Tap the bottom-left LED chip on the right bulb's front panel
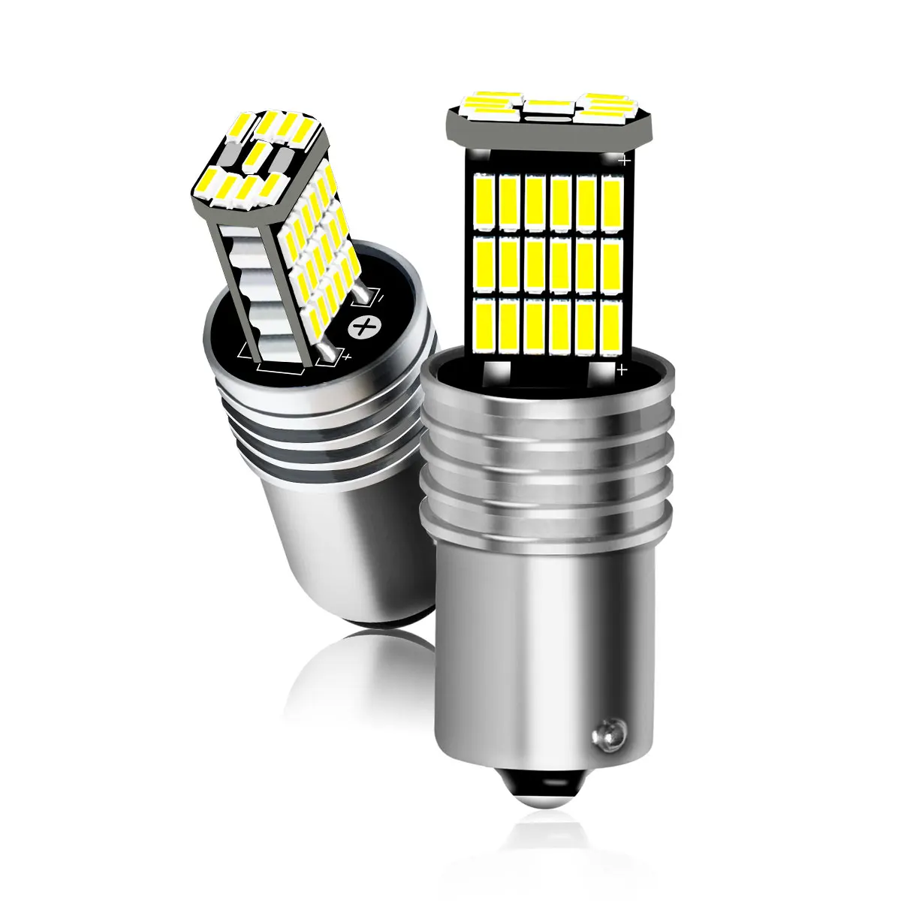click(x=484, y=327)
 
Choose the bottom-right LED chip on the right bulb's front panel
click(x=611, y=328)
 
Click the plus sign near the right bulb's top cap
click(x=622, y=159)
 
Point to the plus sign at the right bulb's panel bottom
click(x=622, y=369)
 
